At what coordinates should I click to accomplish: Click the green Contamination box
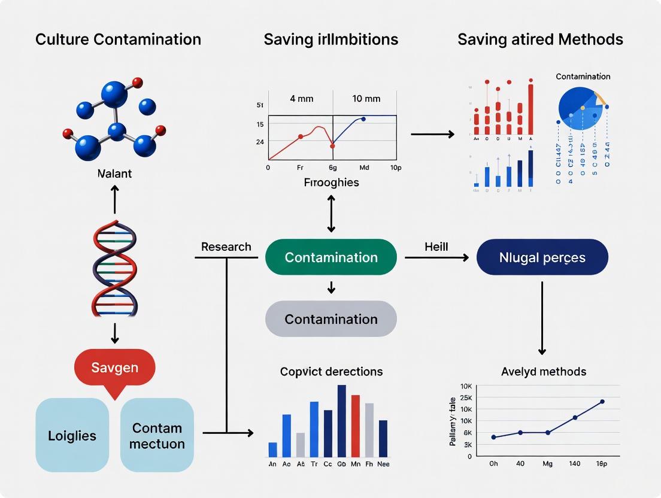(330, 257)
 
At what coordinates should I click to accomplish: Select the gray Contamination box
(330, 319)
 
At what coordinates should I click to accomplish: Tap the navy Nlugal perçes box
(542, 257)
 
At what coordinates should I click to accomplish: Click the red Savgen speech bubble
(114, 367)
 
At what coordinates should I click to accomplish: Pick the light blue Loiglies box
(72, 435)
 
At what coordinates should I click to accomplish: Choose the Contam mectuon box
(157, 435)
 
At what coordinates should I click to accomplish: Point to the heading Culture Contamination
(118, 40)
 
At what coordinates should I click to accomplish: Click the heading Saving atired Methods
(540, 40)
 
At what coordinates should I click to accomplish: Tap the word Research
(226, 247)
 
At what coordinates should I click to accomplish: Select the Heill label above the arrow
(436, 247)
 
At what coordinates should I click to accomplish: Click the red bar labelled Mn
(355, 426)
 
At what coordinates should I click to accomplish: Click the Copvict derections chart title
(331, 371)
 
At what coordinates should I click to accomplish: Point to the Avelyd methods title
(543, 371)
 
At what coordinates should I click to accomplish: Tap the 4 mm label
(301, 99)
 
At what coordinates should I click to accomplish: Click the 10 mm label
(365, 99)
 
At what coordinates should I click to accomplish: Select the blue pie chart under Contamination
(580, 107)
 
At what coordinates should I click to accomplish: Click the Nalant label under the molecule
(115, 174)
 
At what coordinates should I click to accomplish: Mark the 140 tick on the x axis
(575, 463)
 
